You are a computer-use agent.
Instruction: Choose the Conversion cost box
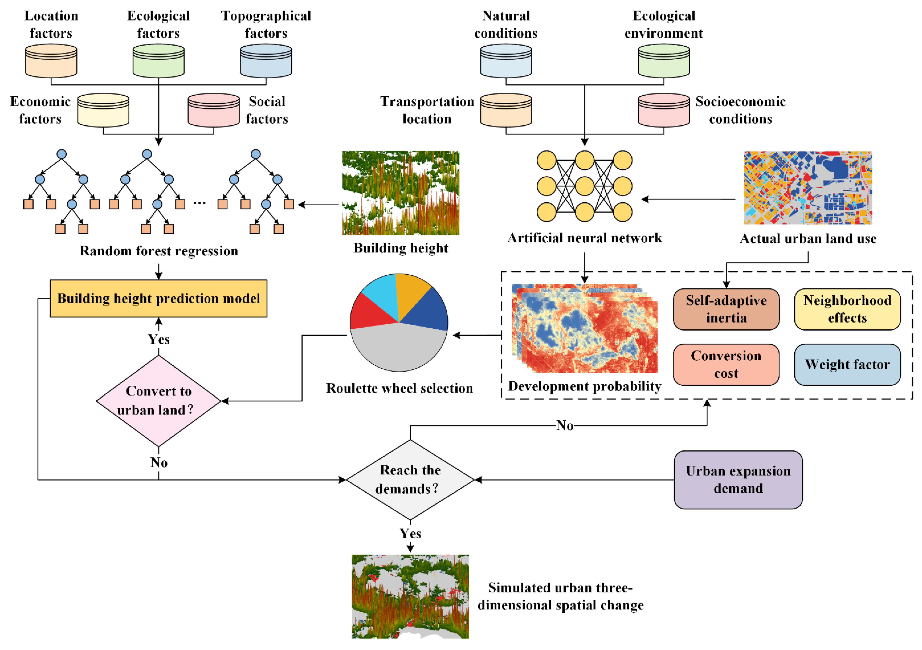click(726, 364)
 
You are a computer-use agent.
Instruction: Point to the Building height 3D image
click(400, 193)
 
